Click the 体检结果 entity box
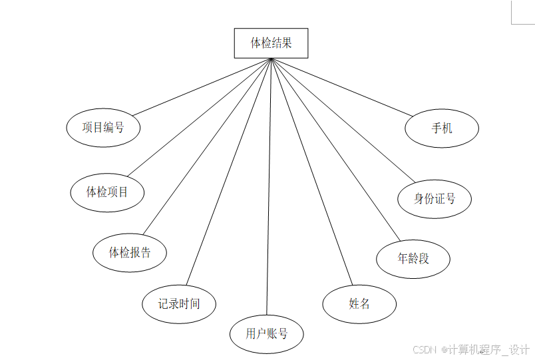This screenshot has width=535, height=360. (271, 43)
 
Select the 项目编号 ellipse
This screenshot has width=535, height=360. (103, 127)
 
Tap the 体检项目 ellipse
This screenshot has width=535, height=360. (107, 192)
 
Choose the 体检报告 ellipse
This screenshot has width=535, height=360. (130, 252)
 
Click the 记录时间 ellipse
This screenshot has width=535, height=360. (178, 304)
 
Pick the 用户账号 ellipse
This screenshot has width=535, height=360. (266, 333)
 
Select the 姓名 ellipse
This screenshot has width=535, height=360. (359, 304)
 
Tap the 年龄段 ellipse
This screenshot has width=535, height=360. (413, 258)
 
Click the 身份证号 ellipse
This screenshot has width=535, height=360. (435, 198)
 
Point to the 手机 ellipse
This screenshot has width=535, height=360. (442, 128)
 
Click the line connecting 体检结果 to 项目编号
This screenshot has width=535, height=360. (200, 88)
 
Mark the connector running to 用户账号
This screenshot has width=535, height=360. (269, 186)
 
